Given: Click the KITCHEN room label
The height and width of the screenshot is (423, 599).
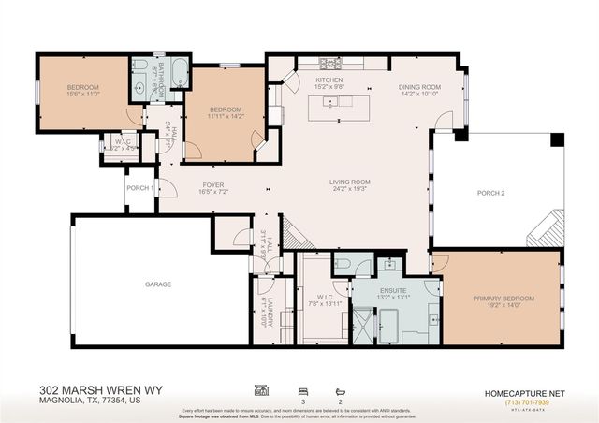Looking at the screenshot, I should pyautogui.click(x=329, y=81).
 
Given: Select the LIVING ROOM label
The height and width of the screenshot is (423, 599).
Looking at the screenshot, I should pyautogui.click(x=349, y=182).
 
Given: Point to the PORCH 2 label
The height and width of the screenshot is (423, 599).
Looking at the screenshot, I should pyautogui.click(x=490, y=194).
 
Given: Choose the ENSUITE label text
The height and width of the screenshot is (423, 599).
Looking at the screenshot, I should pyautogui.click(x=392, y=292).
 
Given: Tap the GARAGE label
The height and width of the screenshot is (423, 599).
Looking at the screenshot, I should pyautogui.click(x=157, y=284).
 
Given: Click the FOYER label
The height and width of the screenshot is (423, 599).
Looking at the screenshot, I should pyautogui.click(x=213, y=185).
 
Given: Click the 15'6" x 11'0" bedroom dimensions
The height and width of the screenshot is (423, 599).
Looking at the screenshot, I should pyautogui.click(x=82, y=95).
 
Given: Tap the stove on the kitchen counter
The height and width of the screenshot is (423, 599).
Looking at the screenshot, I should pyautogui.click(x=330, y=65).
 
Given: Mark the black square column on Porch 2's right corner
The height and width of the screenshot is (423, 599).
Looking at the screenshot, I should pyautogui.click(x=557, y=139).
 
